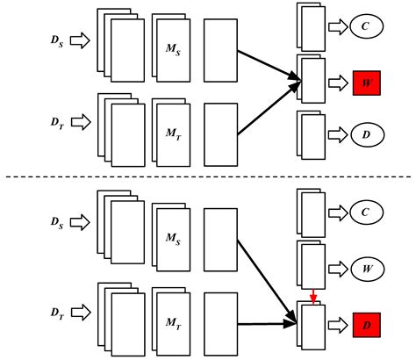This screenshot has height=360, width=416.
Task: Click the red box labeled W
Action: (368, 84)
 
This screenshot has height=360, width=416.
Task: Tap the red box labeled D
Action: (368, 325)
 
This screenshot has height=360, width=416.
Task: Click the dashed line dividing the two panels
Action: (208, 178)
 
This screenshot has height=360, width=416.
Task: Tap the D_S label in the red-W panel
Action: (54, 40)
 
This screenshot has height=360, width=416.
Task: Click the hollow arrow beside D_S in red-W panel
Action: (79, 40)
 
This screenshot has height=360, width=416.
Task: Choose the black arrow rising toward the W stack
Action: (269, 110)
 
